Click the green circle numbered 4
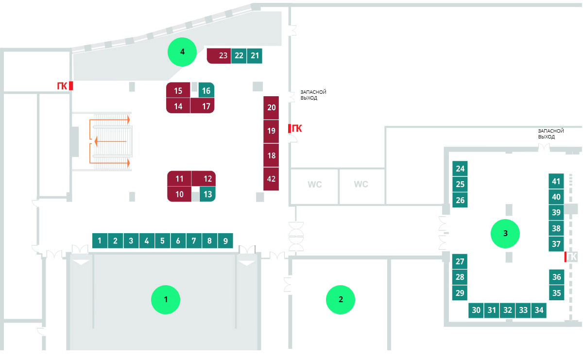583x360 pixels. [x=182, y=52]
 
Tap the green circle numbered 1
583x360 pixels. [x=166, y=300]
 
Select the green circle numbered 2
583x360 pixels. [x=341, y=300]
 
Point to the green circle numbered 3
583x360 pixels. [x=505, y=234]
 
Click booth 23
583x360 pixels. [x=219, y=56]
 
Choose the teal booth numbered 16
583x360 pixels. [x=206, y=90]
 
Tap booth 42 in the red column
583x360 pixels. [x=271, y=179]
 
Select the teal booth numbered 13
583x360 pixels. [x=207, y=194]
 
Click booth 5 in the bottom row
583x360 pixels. [x=162, y=240]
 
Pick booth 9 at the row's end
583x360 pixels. [x=225, y=240]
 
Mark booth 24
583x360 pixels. [x=460, y=169]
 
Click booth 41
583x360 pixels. [x=556, y=181]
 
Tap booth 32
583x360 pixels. [x=508, y=310]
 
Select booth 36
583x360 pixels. [x=556, y=277]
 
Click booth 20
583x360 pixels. [x=271, y=108]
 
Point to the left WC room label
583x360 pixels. [x=315, y=184]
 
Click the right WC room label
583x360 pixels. [x=361, y=184]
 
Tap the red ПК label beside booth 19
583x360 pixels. [x=297, y=128]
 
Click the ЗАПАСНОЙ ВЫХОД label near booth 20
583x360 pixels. [x=313, y=95]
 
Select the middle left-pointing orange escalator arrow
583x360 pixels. [x=110, y=141]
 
